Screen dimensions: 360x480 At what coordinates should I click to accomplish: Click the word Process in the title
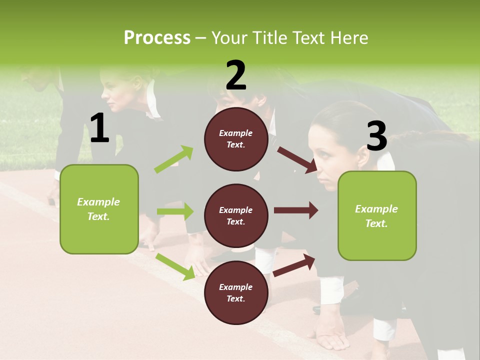(157, 38)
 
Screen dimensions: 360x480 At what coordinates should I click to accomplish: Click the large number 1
(99, 128)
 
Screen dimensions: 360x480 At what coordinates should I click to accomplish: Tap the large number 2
(236, 75)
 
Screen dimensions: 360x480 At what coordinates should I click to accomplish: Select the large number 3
(376, 136)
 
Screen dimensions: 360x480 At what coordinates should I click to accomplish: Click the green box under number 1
(99, 209)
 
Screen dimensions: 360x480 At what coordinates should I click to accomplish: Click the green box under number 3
(377, 215)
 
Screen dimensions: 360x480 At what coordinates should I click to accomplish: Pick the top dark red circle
(236, 139)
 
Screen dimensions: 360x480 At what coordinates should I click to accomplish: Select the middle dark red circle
(236, 215)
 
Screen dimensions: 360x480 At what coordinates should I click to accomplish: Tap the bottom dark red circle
(236, 292)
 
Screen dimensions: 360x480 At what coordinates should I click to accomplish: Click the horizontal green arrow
(175, 211)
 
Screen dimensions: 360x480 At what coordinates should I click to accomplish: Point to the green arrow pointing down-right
(175, 266)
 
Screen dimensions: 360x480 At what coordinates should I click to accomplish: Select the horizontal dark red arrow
(296, 210)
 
